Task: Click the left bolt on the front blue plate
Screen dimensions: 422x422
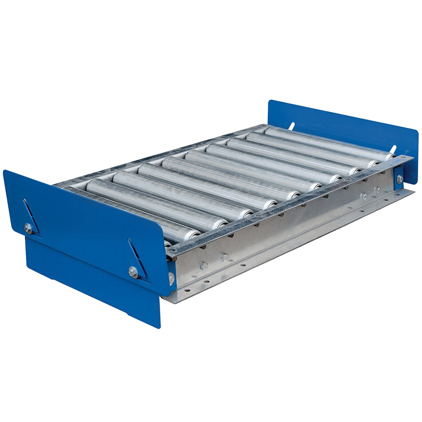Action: coord(28,229)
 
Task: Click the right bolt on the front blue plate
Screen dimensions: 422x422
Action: coord(133,271)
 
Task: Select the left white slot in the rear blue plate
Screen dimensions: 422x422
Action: coord(291,126)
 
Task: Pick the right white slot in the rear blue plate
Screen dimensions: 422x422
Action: coord(393,149)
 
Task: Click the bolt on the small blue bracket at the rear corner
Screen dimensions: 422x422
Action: coord(400,179)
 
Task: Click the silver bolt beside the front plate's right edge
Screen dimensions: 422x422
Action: coord(171,279)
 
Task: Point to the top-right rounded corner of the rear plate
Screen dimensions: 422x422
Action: coord(416,132)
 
